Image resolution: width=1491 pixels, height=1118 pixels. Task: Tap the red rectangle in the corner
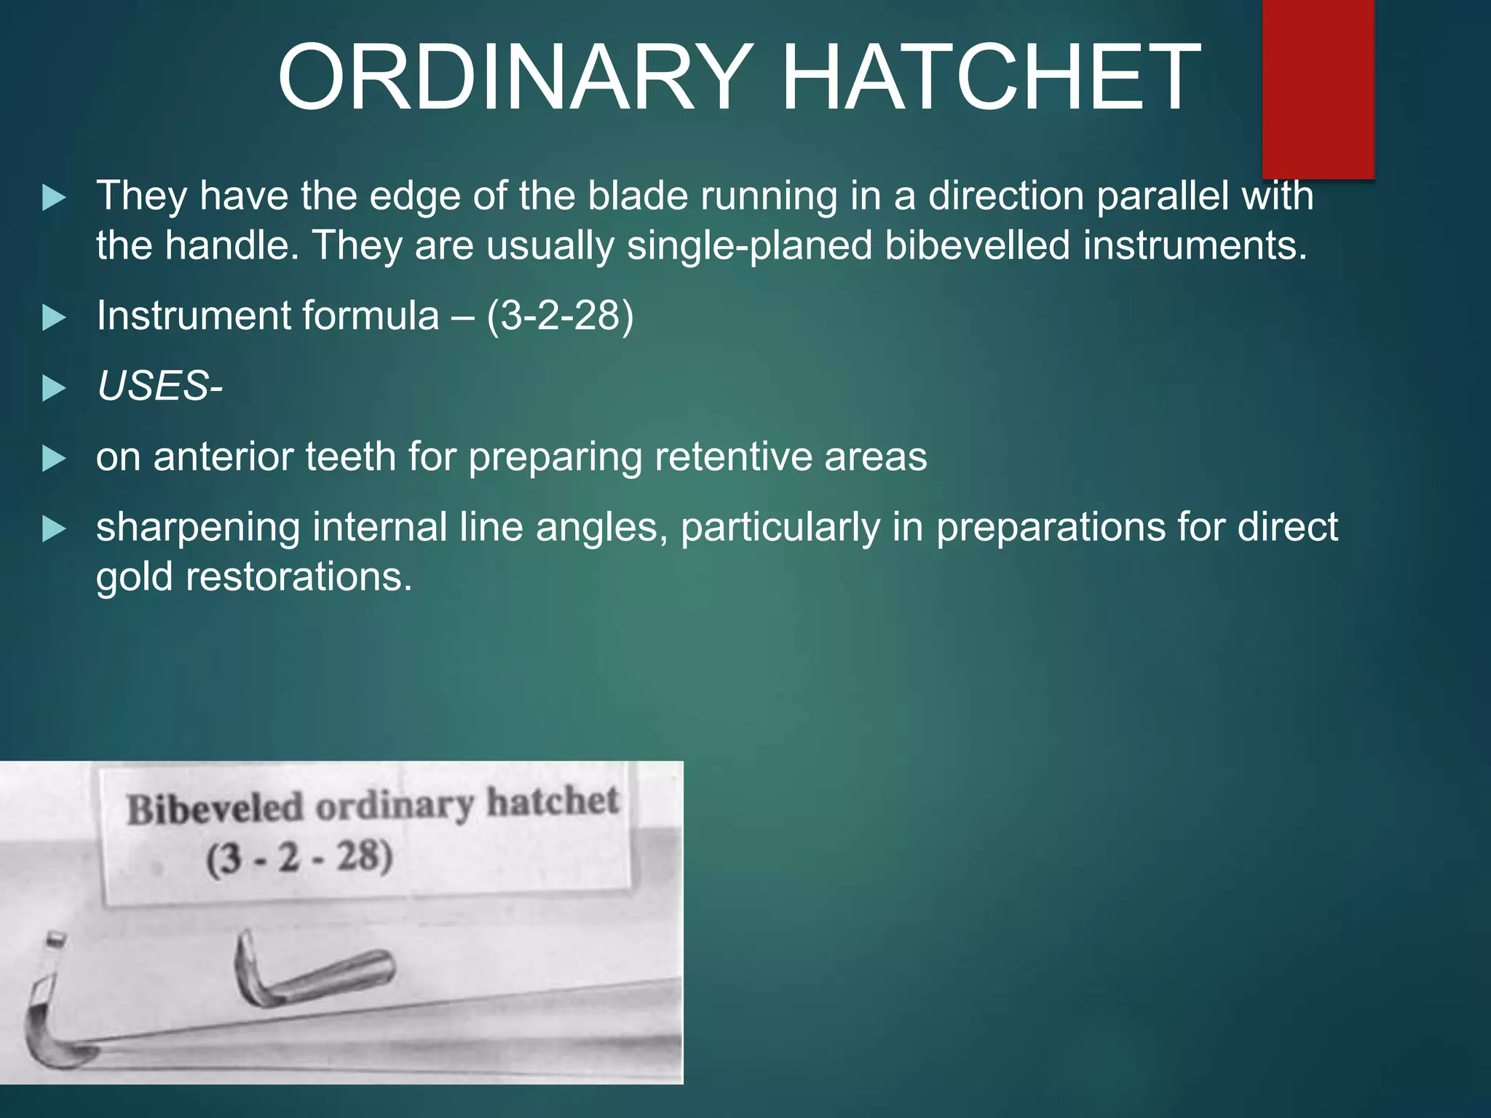[1318, 87]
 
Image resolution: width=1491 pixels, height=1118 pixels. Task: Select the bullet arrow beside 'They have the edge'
[54, 197]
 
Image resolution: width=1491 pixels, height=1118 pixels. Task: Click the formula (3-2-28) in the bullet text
[560, 316]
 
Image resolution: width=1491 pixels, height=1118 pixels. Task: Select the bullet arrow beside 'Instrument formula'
[54, 317]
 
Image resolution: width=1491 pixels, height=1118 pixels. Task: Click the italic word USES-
[159, 386]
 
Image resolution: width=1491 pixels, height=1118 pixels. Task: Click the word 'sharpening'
[198, 527]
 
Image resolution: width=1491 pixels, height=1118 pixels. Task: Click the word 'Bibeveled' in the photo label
[215, 809]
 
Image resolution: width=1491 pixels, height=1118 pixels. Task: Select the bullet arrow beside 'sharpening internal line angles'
[54, 528]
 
